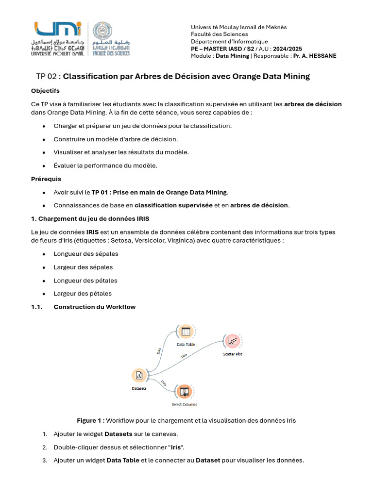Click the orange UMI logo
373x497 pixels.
click(58, 30)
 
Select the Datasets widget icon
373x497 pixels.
click(139, 375)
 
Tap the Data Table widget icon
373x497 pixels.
click(185, 332)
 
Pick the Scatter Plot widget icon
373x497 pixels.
click(232, 341)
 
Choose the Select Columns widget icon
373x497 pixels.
click(184, 391)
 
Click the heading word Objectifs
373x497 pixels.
click(45, 91)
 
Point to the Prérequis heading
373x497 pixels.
click(46, 179)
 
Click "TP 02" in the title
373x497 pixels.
click(47, 77)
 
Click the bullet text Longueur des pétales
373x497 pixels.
click(85, 281)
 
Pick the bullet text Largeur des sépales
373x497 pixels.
click(83, 267)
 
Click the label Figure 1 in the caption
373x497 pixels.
click(90, 420)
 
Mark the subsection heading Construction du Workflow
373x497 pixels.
click(94, 307)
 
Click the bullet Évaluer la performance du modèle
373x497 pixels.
click(105, 166)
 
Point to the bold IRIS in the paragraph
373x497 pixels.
click(92, 232)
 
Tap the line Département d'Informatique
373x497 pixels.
click(229, 42)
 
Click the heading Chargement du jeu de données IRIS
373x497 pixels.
click(94, 218)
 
